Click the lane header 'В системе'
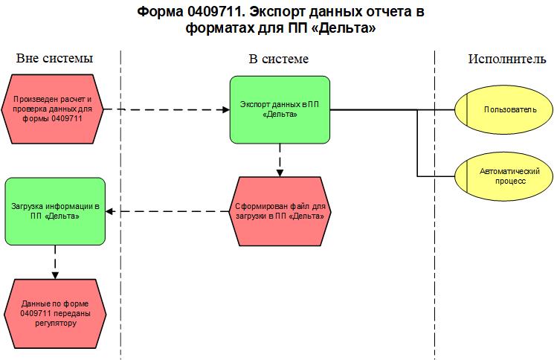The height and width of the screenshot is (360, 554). tap(278, 59)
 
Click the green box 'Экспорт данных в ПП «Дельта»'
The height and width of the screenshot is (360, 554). tap(280, 110)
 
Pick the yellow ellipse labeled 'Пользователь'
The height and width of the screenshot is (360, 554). tap(503, 110)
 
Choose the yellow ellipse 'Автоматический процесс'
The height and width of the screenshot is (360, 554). tap(503, 176)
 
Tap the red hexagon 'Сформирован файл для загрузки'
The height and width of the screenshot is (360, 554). tap(280, 212)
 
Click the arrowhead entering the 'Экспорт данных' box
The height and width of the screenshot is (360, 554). tap(227, 110)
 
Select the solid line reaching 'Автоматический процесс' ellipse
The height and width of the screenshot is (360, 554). tap(435, 176)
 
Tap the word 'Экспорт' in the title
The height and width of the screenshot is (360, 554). tap(282, 13)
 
